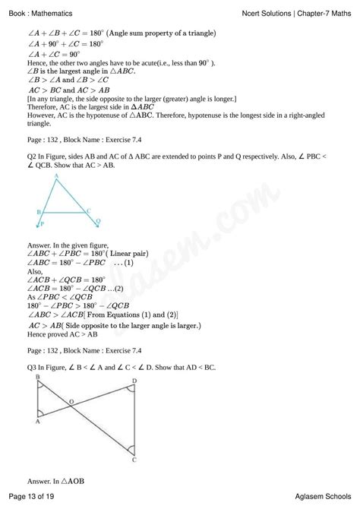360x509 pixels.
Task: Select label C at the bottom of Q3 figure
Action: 134,459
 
